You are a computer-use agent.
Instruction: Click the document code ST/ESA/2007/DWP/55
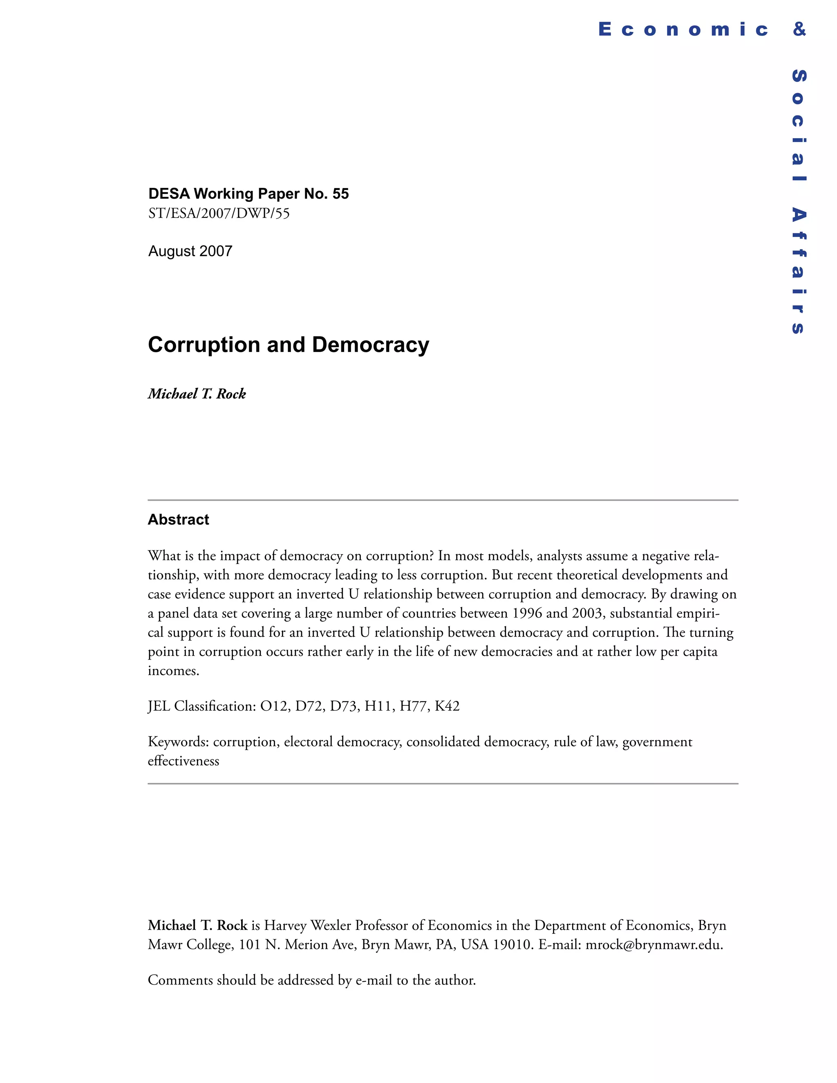click(x=219, y=213)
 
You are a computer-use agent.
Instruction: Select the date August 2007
click(x=190, y=251)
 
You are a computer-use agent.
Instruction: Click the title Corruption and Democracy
click(x=288, y=345)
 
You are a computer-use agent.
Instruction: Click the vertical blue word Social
click(x=798, y=125)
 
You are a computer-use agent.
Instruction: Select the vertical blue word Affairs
click(x=798, y=270)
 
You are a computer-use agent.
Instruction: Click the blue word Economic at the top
click(x=683, y=30)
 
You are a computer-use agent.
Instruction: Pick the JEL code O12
click(x=274, y=706)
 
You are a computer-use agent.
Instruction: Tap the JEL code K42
click(x=447, y=706)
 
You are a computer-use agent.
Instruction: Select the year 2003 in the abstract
click(x=587, y=613)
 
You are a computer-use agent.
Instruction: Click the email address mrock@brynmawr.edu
click(x=653, y=944)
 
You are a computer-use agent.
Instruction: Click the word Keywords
click(x=178, y=742)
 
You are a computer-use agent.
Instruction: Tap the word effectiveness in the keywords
click(x=184, y=761)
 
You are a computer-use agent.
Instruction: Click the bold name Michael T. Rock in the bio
click(x=197, y=925)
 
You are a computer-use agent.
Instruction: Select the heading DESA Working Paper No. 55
click(x=248, y=193)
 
